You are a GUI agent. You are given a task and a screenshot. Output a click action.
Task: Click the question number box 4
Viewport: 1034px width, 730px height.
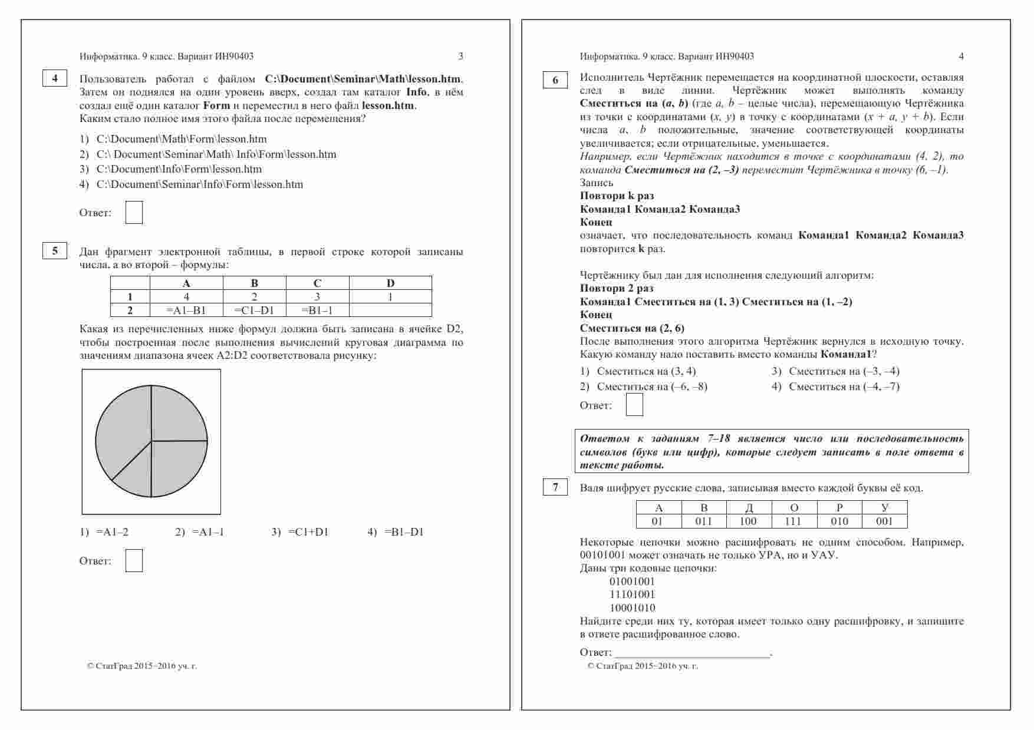click(55, 78)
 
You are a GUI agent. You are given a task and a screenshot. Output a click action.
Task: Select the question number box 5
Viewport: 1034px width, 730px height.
click(55, 251)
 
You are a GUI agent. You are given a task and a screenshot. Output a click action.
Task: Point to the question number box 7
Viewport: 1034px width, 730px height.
click(555, 487)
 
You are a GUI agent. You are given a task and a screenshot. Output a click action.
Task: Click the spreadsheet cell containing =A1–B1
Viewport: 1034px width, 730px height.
click(186, 311)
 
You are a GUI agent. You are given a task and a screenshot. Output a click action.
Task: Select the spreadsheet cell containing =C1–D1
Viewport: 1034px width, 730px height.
click(254, 311)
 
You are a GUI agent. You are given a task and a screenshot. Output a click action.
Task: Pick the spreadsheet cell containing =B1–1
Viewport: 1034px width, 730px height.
click(317, 311)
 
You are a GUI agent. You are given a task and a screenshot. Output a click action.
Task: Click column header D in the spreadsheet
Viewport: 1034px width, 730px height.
click(390, 283)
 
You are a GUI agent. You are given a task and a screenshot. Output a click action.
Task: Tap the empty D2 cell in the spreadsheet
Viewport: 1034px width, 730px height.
click(390, 311)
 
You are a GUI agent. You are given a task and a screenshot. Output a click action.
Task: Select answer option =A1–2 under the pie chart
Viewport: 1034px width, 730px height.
click(112, 532)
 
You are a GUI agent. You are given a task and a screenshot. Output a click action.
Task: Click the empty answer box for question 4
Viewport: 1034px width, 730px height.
click(134, 213)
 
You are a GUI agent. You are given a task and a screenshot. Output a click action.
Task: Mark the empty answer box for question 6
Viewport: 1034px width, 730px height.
click(634, 405)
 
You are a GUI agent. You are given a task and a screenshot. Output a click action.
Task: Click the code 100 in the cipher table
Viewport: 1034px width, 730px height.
click(748, 521)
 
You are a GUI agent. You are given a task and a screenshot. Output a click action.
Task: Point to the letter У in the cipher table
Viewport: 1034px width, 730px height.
click(884, 508)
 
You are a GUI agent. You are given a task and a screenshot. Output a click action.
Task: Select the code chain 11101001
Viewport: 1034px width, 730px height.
click(633, 594)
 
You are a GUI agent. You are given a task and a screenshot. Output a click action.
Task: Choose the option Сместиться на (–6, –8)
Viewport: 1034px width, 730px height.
click(651, 387)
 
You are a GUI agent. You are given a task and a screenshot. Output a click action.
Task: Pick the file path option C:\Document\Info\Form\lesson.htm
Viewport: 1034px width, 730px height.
click(179, 169)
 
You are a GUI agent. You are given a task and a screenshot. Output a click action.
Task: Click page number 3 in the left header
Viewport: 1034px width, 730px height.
click(460, 57)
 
